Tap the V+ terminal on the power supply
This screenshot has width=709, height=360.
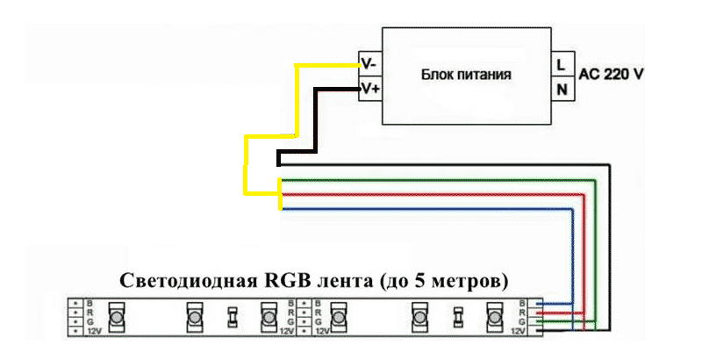[369, 89]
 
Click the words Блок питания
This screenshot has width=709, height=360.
[466, 76]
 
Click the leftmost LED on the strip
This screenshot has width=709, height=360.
[115, 316]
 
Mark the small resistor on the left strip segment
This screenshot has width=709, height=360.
[232, 316]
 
